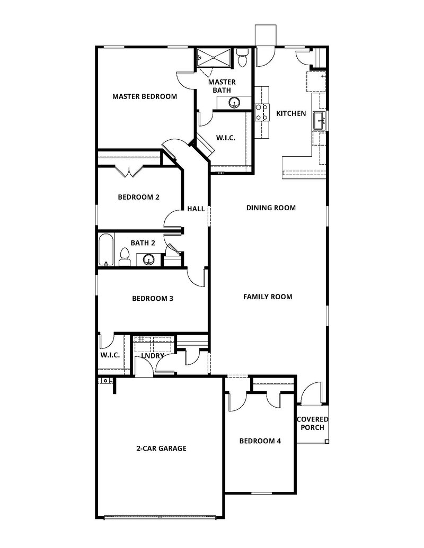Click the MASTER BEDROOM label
click(144, 96)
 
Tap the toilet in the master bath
click(243, 59)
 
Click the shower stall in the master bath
click(215, 58)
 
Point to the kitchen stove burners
click(261, 112)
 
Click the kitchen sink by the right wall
click(319, 120)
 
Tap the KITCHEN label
click(291, 113)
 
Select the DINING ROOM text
click(271, 208)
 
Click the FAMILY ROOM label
click(268, 297)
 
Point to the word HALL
click(196, 209)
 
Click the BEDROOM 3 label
click(153, 298)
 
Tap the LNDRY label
click(153, 356)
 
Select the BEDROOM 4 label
click(260, 441)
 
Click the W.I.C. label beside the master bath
click(225, 138)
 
